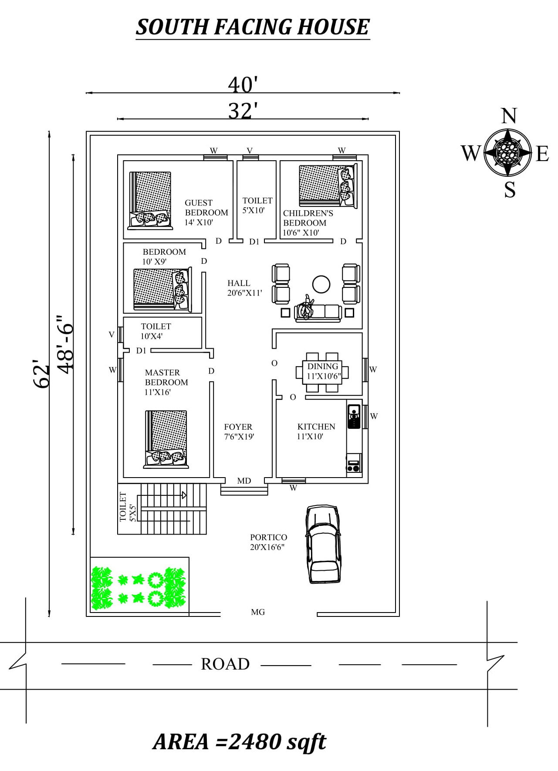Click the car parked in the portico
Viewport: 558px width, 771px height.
pyautogui.click(x=323, y=544)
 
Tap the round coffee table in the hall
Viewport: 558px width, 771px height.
pyautogui.click(x=321, y=284)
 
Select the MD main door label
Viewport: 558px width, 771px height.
pyautogui.click(x=244, y=481)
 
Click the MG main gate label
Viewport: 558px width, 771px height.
pyautogui.click(x=258, y=612)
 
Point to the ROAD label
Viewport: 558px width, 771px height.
pyautogui.click(x=225, y=664)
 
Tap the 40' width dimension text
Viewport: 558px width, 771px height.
pyautogui.click(x=243, y=84)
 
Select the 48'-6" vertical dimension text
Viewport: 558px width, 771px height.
pyautogui.click(x=66, y=344)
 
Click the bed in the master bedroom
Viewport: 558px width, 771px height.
pyautogui.click(x=166, y=439)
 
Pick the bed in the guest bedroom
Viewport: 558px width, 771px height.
pyautogui.click(x=150, y=200)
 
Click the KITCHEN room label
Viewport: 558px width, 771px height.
pyautogui.click(x=316, y=427)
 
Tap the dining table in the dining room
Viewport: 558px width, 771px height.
pyautogui.click(x=322, y=372)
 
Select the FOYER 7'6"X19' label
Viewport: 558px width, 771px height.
pyautogui.click(x=238, y=431)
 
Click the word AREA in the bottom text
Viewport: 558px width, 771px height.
pyautogui.click(x=181, y=742)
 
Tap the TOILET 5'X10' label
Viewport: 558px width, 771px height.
pyautogui.click(x=257, y=205)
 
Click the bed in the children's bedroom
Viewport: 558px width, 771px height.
pyautogui.click(x=328, y=185)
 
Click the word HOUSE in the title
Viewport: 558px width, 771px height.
pyautogui.click(x=333, y=27)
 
